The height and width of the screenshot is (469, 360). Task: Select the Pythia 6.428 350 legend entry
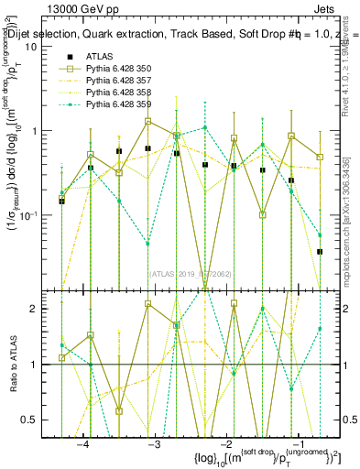click(x=119, y=69)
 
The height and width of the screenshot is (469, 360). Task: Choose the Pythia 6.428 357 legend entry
click(x=119, y=81)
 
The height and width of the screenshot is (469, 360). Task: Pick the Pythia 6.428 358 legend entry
click(x=119, y=93)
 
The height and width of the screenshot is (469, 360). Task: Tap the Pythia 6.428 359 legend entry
click(x=119, y=104)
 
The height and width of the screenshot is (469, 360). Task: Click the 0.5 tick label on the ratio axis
click(x=42, y=419)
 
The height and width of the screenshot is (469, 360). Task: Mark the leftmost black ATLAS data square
click(x=61, y=200)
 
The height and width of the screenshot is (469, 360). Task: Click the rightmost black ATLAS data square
click(x=320, y=251)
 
